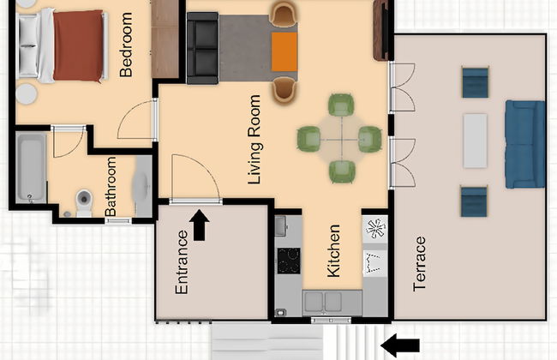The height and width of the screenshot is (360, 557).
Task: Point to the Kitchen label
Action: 335,251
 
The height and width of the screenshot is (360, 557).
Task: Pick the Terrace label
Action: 420,263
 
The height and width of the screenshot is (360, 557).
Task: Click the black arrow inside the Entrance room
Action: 200,226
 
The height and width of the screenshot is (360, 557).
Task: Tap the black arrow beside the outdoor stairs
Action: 400,345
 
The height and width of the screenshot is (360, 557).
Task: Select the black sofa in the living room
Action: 202,48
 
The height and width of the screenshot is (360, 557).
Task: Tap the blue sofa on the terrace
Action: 524,143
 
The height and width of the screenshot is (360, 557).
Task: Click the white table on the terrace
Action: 475,141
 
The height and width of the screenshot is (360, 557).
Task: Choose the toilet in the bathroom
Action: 83,201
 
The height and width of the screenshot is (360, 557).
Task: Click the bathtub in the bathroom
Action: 31,168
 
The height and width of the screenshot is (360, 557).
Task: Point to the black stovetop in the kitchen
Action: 289,260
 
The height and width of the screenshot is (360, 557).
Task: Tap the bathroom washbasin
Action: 141,183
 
